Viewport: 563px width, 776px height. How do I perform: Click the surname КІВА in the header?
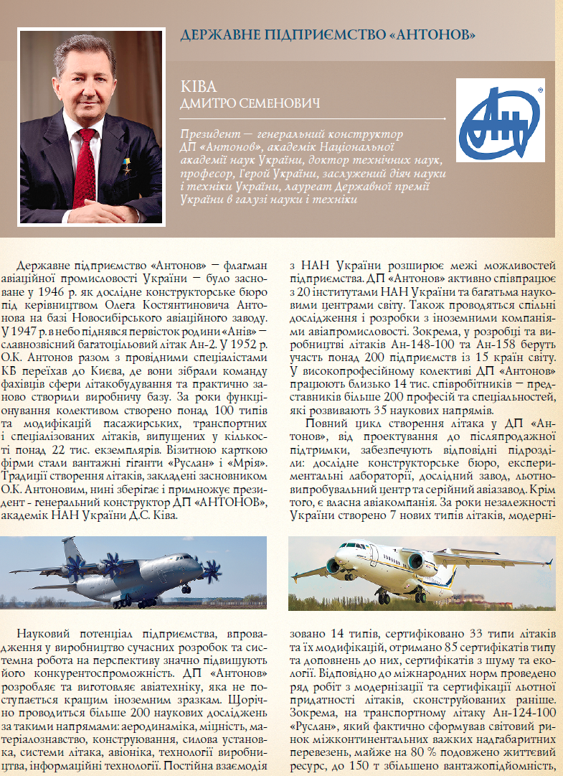click(x=199, y=87)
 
